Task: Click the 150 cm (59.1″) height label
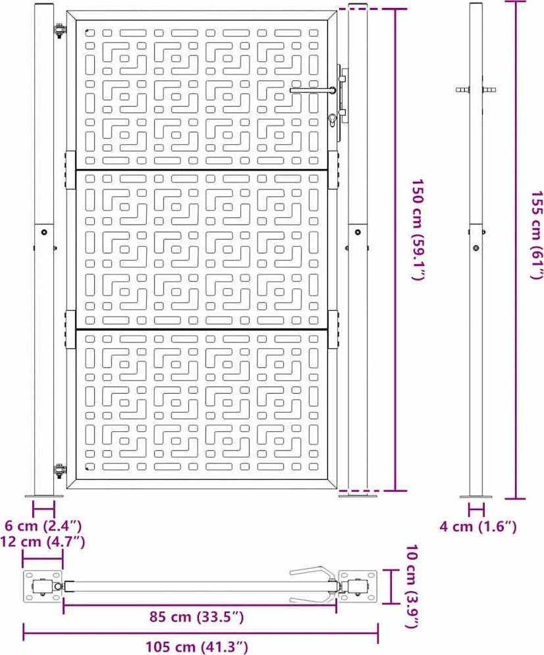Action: click(x=418, y=230)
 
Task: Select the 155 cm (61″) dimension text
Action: click(x=537, y=235)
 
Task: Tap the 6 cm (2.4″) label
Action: click(x=43, y=525)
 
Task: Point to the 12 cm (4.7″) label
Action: click(x=43, y=542)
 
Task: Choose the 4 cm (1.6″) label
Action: click(x=477, y=527)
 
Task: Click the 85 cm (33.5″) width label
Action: click(x=197, y=617)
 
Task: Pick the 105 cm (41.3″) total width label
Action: click(x=197, y=647)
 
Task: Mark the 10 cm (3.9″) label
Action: click(x=412, y=586)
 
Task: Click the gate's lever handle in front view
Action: click(x=313, y=90)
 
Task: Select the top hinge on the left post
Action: click(x=59, y=31)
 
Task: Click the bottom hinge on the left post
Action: click(x=59, y=471)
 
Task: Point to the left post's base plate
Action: click(x=44, y=496)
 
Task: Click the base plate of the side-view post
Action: click(x=476, y=496)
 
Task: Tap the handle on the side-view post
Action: click(x=476, y=90)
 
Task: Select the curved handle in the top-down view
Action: click(x=313, y=585)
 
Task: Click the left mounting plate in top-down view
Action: click(x=43, y=587)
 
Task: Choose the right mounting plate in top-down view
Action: click(x=358, y=587)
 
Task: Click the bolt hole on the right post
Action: click(x=358, y=232)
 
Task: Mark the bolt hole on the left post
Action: click(x=44, y=232)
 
